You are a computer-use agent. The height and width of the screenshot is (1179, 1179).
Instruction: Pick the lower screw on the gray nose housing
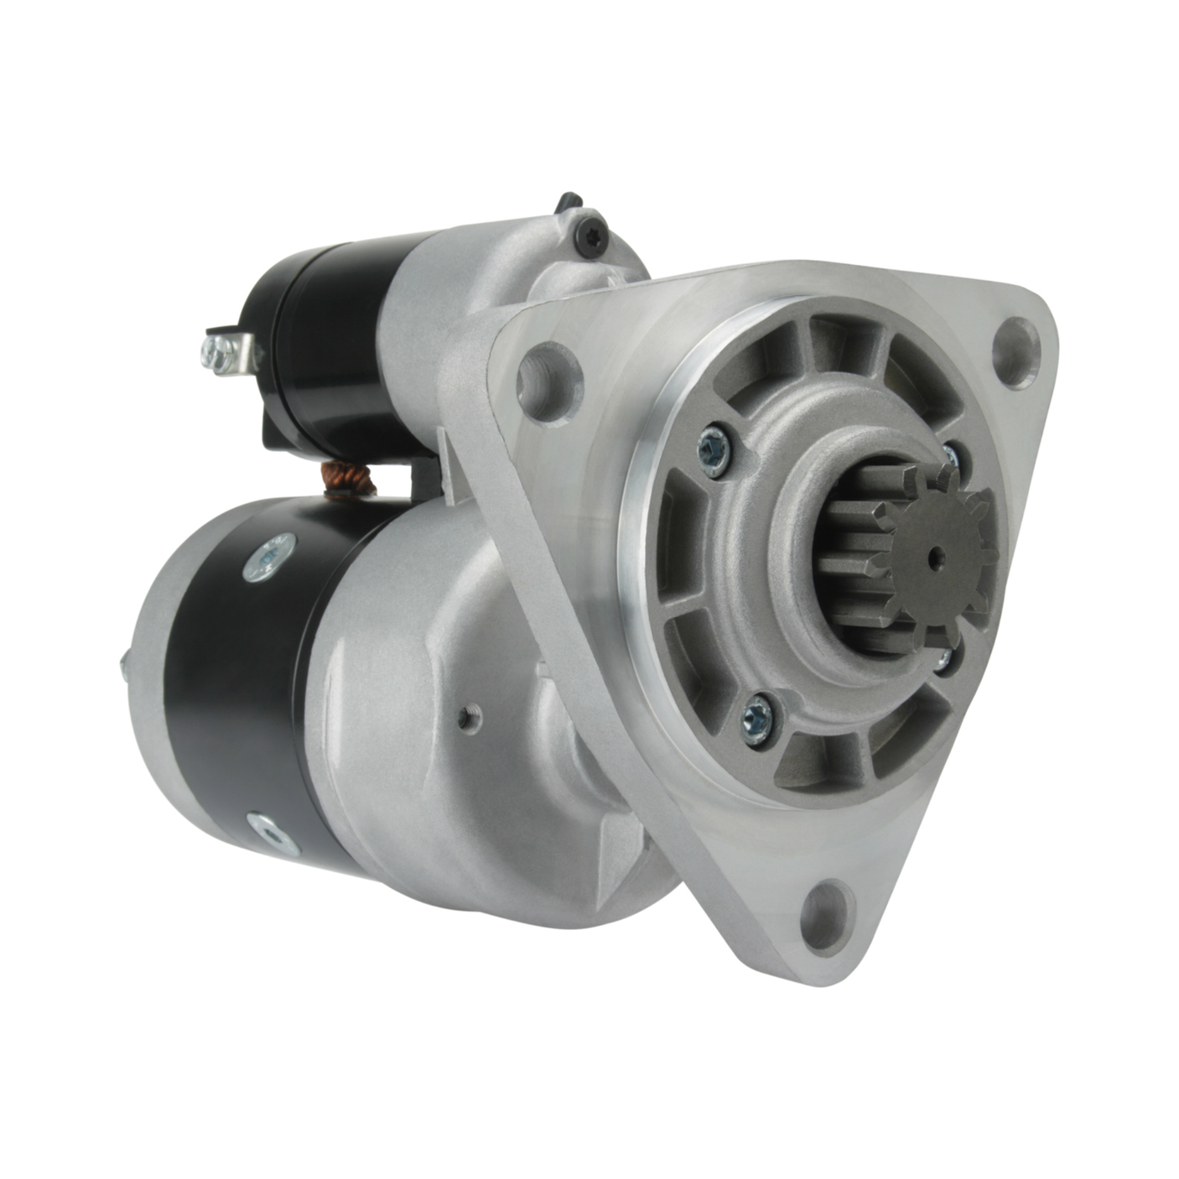(760, 716)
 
